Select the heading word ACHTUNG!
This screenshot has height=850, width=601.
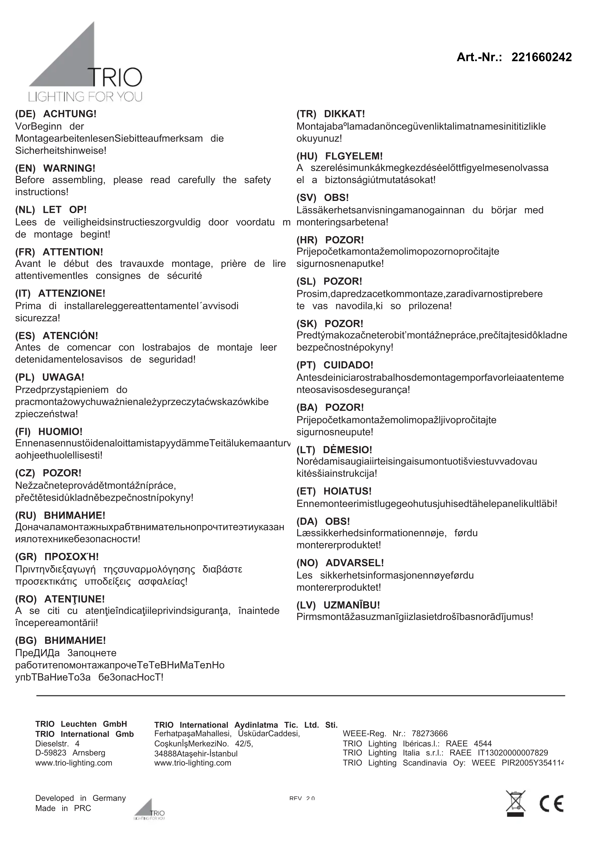[x=70, y=114]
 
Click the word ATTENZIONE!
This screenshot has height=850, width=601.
[x=72, y=294]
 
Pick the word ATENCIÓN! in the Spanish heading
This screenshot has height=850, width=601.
[x=70, y=336]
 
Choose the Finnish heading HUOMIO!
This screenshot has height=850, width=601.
[x=60, y=432]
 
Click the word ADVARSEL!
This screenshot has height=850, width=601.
[x=354, y=563]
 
